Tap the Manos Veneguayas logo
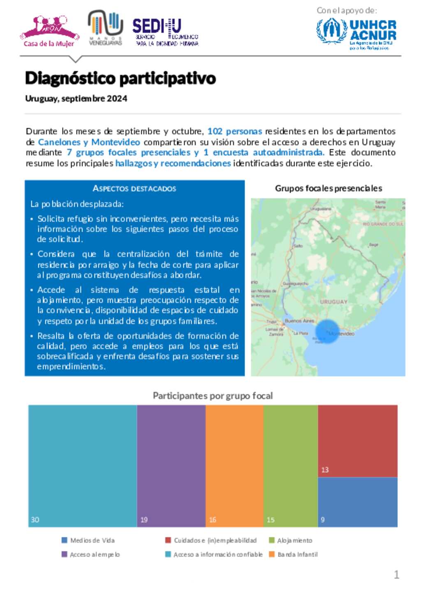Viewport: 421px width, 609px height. point(105,28)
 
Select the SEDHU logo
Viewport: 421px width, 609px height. point(165,32)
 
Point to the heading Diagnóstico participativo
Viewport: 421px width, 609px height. point(120,78)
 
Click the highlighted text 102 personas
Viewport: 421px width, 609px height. point(234,131)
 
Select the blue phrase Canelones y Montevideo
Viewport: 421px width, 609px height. point(89,142)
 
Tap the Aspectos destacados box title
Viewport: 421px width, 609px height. point(134,189)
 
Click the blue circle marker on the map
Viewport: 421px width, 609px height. point(328,332)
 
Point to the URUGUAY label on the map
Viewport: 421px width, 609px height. point(333,302)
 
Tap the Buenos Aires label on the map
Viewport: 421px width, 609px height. point(299,321)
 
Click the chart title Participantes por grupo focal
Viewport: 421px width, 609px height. point(213,396)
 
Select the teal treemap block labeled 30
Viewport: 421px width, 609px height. point(82,465)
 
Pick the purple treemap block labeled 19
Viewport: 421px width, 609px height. point(171,465)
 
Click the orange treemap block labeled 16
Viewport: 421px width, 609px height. point(234,465)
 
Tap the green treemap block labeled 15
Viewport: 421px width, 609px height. point(290,465)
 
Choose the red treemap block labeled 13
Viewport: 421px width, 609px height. point(357,441)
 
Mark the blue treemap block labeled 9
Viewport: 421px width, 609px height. point(357,502)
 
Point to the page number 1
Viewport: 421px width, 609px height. point(396,574)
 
